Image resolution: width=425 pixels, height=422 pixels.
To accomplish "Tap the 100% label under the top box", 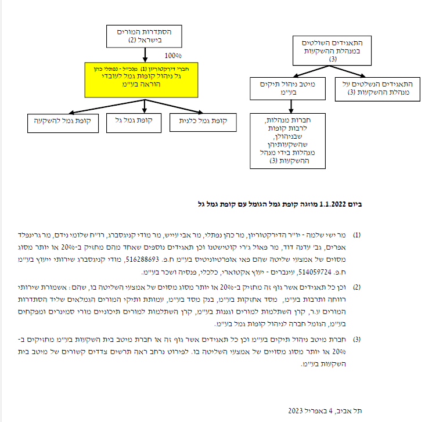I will tap(173, 56).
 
